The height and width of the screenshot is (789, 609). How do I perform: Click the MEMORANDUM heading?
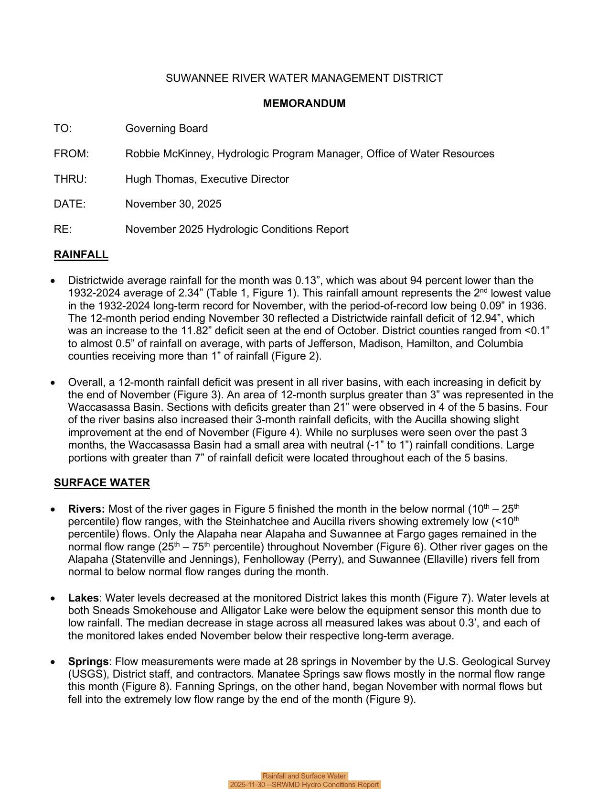coord(304,103)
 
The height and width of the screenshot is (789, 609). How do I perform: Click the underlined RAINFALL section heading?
coord(81,255)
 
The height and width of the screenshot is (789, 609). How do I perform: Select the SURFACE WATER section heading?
coord(102,483)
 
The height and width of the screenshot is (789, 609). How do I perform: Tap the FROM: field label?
coord(71,154)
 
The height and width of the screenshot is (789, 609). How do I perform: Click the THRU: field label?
coord(70,179)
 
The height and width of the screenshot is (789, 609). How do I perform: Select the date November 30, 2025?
coord(173,204)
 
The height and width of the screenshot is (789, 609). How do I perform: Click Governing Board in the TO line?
coord(166,129)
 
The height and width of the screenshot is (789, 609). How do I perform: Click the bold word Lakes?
coord(83,598)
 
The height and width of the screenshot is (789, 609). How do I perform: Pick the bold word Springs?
coord(88,662)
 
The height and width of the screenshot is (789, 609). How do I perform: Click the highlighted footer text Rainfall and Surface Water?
coord(304,776)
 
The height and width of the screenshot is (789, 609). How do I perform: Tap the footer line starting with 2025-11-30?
coord(304,785)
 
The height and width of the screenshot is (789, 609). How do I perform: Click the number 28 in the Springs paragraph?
coord(292,662)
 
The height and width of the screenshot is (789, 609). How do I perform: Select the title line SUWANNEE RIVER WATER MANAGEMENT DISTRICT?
coord(304,78)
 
